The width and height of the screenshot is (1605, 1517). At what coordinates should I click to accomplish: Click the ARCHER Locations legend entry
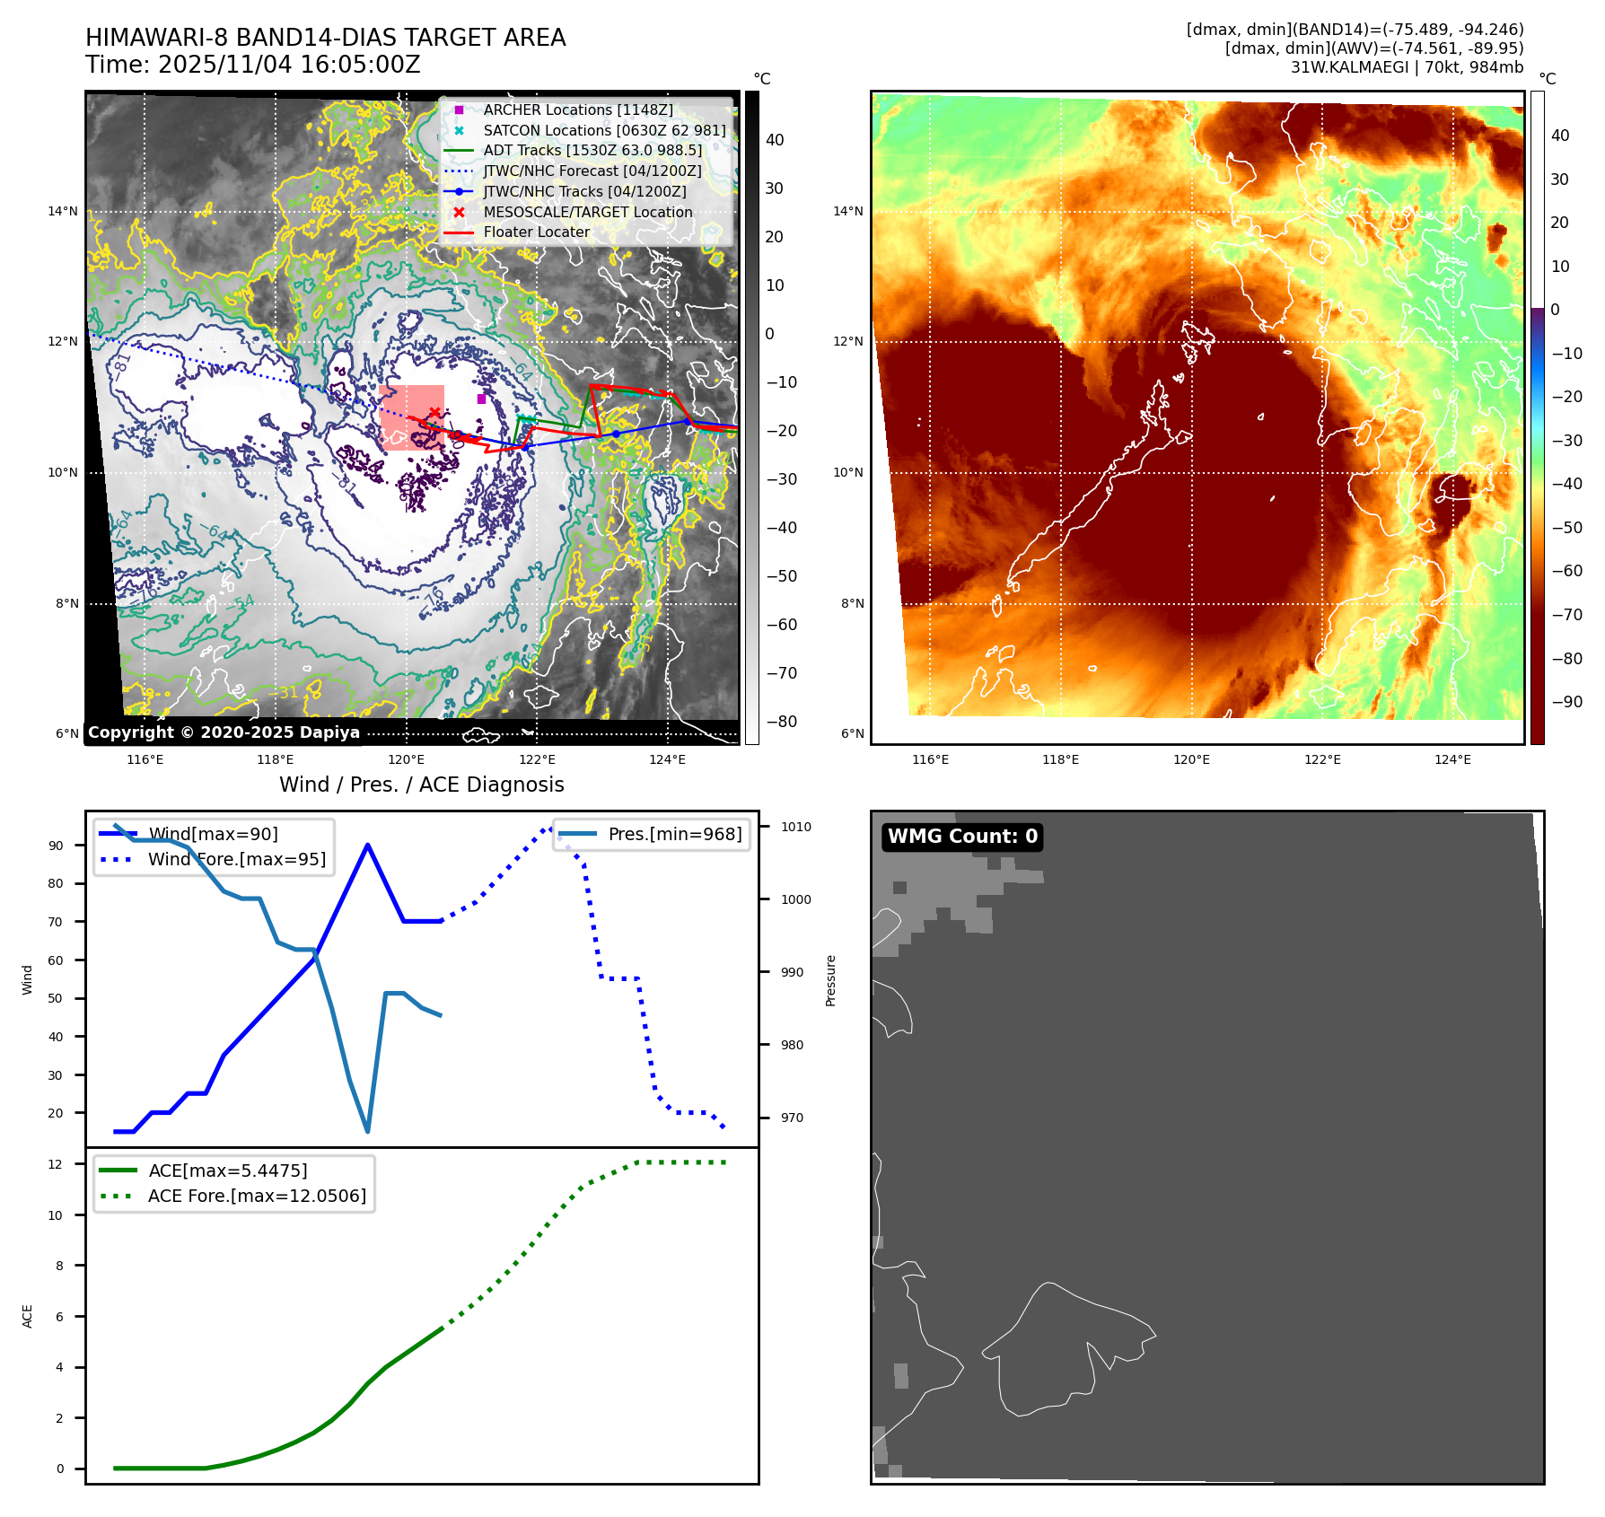coord(577,110)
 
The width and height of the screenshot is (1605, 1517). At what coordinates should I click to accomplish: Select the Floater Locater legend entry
coord(536,232)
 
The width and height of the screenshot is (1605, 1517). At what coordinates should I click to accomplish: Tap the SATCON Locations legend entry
coord(604,130)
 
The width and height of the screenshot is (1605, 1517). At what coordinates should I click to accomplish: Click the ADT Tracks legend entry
coord(592,150)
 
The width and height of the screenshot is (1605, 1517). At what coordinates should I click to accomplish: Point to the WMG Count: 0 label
coord(962,837)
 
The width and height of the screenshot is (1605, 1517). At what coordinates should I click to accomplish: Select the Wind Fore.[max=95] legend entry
coord(236,859)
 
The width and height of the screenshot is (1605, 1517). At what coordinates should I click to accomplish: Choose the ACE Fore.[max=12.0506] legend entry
coord(257,1196)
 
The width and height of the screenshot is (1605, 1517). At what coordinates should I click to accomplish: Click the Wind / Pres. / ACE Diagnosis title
coord(422,785)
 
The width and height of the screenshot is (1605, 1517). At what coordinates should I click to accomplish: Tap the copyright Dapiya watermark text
coord(224,732)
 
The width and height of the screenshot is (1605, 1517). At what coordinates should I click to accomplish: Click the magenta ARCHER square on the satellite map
coord(481,399)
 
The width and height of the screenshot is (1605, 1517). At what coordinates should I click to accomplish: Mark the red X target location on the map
coord(434,413)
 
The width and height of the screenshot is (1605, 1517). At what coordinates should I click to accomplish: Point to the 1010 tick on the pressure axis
coord(795,827)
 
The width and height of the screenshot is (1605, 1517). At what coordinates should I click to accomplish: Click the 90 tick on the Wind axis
coord(57,846)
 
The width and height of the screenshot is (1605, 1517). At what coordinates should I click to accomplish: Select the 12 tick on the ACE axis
coord(56,1164)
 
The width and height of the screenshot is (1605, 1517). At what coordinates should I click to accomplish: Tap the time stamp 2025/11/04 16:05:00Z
coord(289,65)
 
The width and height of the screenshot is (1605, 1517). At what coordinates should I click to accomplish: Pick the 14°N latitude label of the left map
coord(63,212)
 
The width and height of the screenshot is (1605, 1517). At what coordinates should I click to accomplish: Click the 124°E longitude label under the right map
coord(1452,759)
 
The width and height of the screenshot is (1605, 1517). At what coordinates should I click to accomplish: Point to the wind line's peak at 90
coord(368,845)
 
